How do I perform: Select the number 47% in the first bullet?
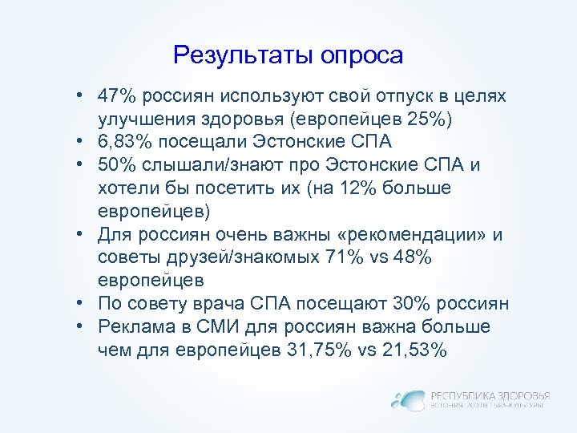tap(118, 96)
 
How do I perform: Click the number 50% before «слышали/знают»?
tap(118, 165)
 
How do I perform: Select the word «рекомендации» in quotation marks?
tap(418, 235)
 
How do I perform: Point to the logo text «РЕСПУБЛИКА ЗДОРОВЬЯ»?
tap(490, 395)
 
